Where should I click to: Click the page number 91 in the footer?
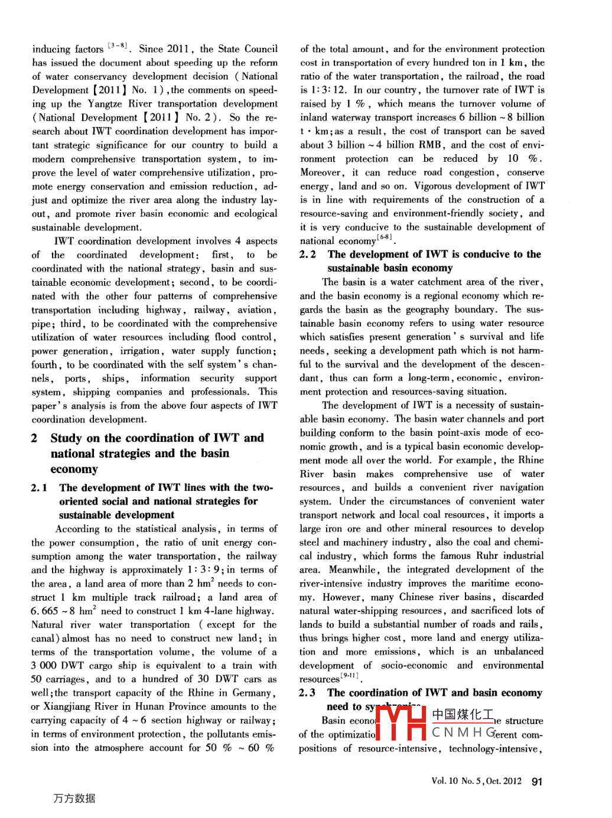pos(536,781)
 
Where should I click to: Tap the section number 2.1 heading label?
pos(39,488)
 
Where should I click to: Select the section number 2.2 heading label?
pos(307,255)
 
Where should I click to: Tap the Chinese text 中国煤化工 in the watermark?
pos(463,715)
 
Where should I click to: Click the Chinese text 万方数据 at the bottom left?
pos(74,799)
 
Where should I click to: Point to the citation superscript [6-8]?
pos(385,237)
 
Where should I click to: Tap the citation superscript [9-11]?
pos(349,675)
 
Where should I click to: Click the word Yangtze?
pos(105,104)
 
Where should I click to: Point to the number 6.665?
pos(44,611)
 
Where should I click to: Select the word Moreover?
pos(321,172)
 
